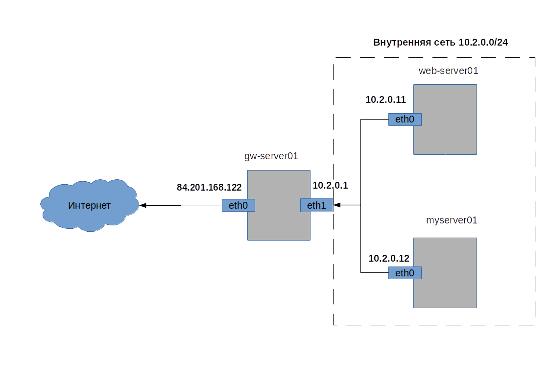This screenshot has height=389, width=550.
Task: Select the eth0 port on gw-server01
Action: click(239, 205)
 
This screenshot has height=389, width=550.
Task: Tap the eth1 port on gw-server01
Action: click(316, 205)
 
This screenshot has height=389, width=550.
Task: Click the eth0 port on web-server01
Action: click(405, 119)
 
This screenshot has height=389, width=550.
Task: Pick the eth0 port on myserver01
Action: click(405, 273)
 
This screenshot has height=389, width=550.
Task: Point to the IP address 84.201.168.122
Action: click(209, 187)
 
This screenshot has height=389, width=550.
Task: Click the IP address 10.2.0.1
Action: click(330, 185)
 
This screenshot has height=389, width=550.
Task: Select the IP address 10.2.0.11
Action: click(385, 99)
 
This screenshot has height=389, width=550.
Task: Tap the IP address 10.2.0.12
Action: click(388, 258)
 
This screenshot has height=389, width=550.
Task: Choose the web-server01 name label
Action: click(448, 71)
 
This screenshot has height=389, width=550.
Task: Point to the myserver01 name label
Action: click(452, 220)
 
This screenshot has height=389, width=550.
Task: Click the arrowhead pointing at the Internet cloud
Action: click(143, 205)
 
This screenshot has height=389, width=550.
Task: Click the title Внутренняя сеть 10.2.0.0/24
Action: click(440, 43)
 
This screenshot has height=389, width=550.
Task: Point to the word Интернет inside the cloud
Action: click(89, 205)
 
